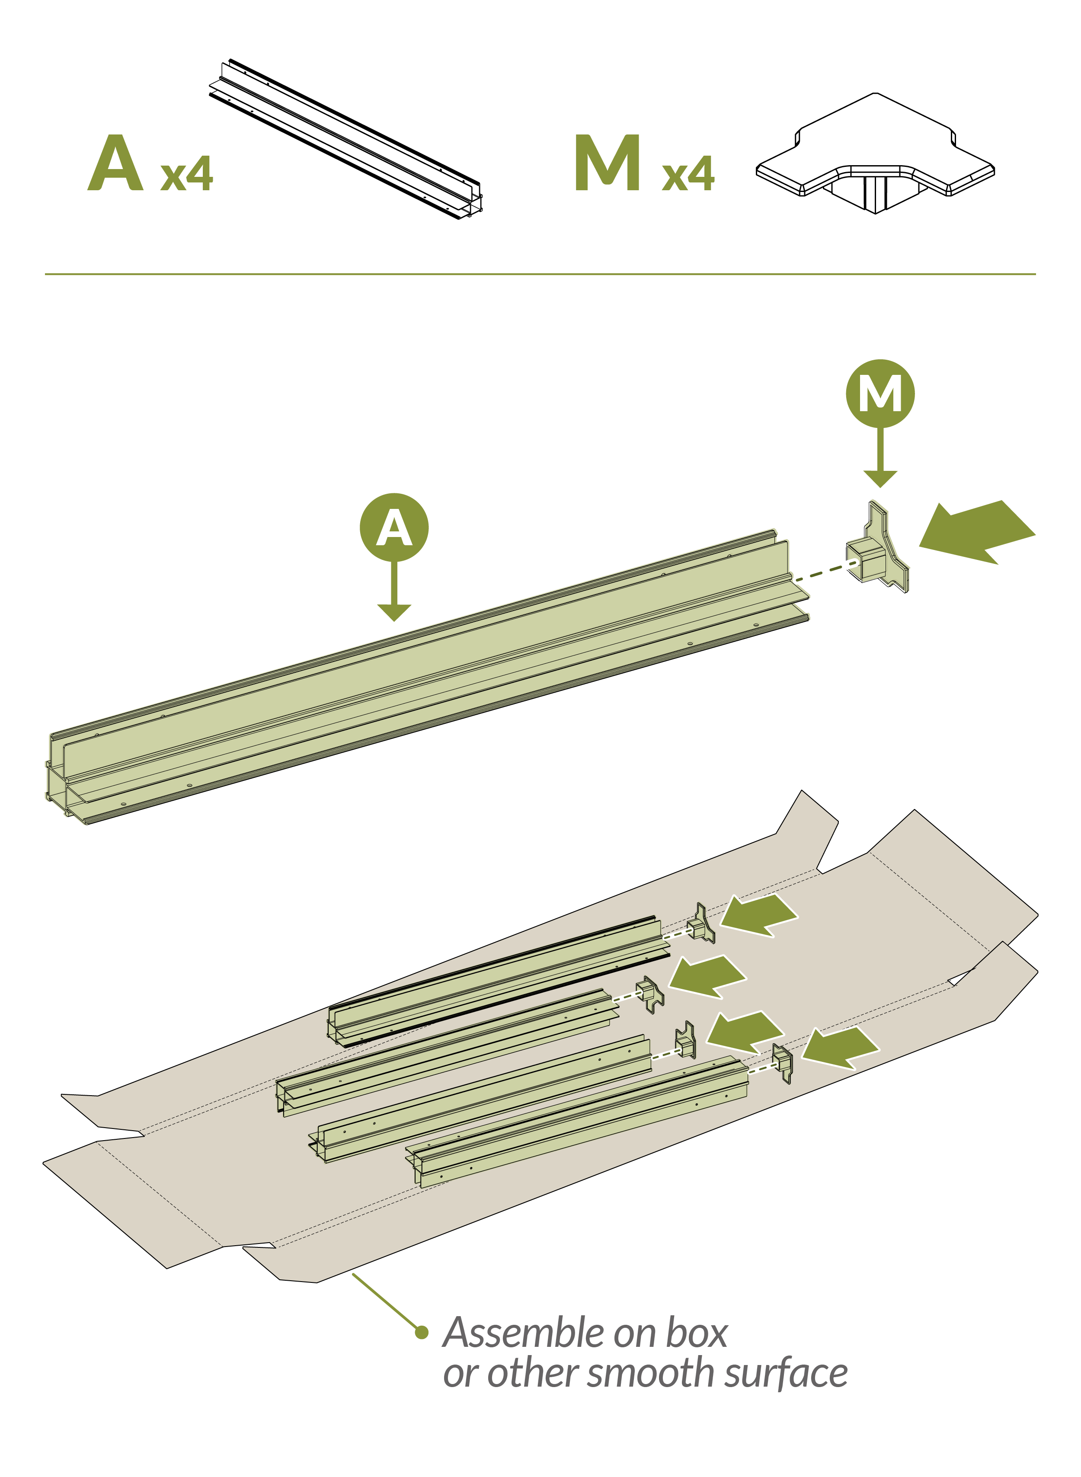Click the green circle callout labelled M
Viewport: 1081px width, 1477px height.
point(880,393)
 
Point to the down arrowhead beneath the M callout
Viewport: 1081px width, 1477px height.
point(880,479)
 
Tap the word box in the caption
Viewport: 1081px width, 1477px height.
point(696,1333)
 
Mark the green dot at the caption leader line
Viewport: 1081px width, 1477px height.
point(422,1332)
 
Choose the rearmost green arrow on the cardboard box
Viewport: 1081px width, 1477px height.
point(759,915)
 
